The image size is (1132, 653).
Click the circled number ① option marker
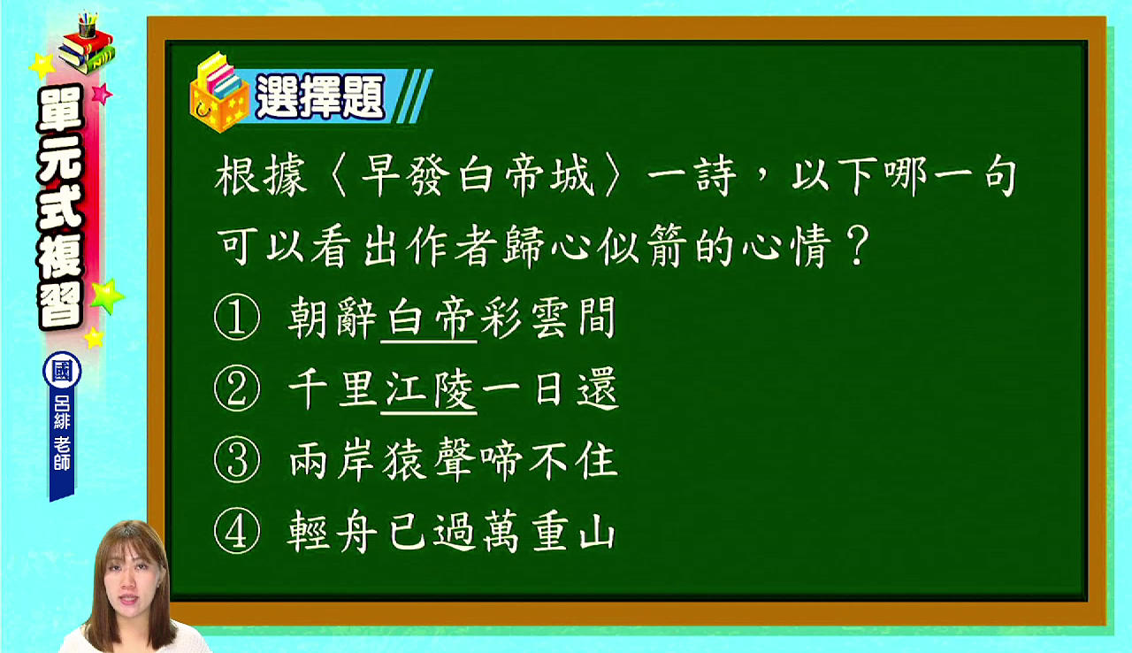point(237,317)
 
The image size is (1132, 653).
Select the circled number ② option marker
point(237,388)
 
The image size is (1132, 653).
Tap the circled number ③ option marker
point(237,459)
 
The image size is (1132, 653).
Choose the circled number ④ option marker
point(237,531)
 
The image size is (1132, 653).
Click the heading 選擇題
point(320,97)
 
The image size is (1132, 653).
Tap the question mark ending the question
point(857,246)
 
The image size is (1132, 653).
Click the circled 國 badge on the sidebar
point(62,371)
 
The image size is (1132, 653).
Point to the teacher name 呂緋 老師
point(62,433)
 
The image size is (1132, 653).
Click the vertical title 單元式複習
point(60,206)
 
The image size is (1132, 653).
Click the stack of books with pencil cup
point(87,44)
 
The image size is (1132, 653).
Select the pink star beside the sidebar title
point(102,94)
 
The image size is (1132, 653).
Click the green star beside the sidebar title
point(107,296)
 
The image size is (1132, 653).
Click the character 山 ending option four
point(597,532)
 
